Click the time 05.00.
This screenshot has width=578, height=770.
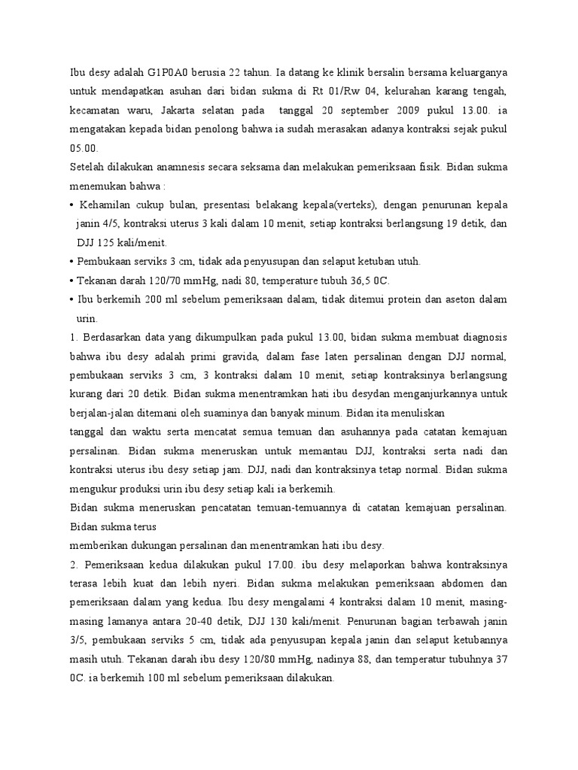click(x=82, y=147)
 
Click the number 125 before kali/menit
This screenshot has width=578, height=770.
click(x=120, y=242)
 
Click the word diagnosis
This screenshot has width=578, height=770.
click(x=480, y=337)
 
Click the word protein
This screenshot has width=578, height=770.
click(x=409, y=299)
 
